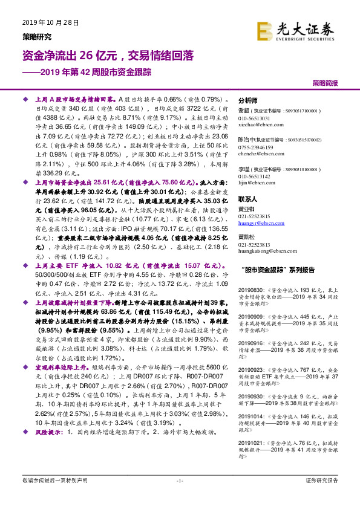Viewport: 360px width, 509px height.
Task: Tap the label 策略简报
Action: click(x=325, y=82)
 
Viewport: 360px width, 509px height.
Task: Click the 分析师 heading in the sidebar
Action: click(x=248, y=100)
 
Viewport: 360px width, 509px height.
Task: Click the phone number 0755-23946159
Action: click(x=256, y=148)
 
